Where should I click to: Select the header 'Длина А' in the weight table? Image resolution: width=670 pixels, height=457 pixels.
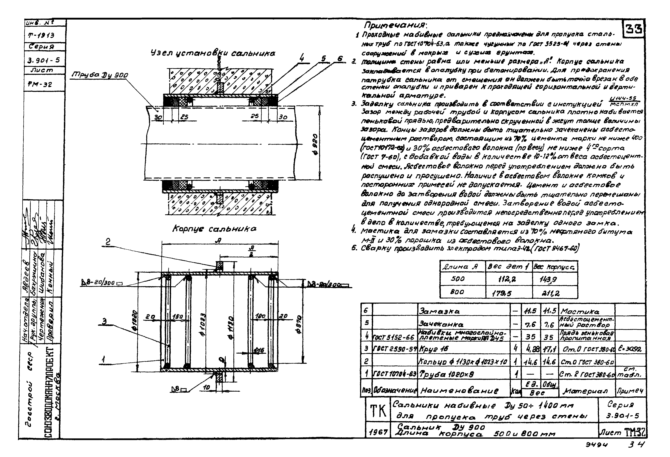pos(461,267)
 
